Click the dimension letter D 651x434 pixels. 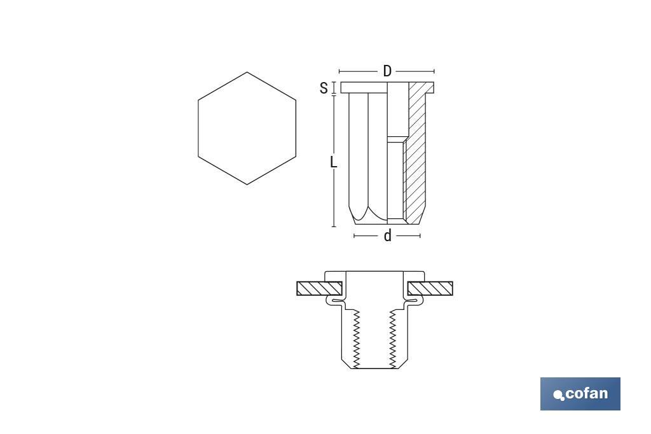(387, 71)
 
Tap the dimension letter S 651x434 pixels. (324, 88)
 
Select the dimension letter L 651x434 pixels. (333, 162)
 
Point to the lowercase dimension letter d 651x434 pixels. (387, 236)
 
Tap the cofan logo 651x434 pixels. (580, 393)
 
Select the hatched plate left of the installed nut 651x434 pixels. (320, 288)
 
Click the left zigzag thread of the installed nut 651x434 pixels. (357, 337)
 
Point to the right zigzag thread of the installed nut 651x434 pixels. (393, 337)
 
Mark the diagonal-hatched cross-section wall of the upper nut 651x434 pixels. (416, 153)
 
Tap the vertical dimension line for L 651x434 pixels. (333, 191)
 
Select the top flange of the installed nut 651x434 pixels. (374, 275)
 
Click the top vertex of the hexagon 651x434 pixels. (247, 72)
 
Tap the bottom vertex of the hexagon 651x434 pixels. (247, 185)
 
